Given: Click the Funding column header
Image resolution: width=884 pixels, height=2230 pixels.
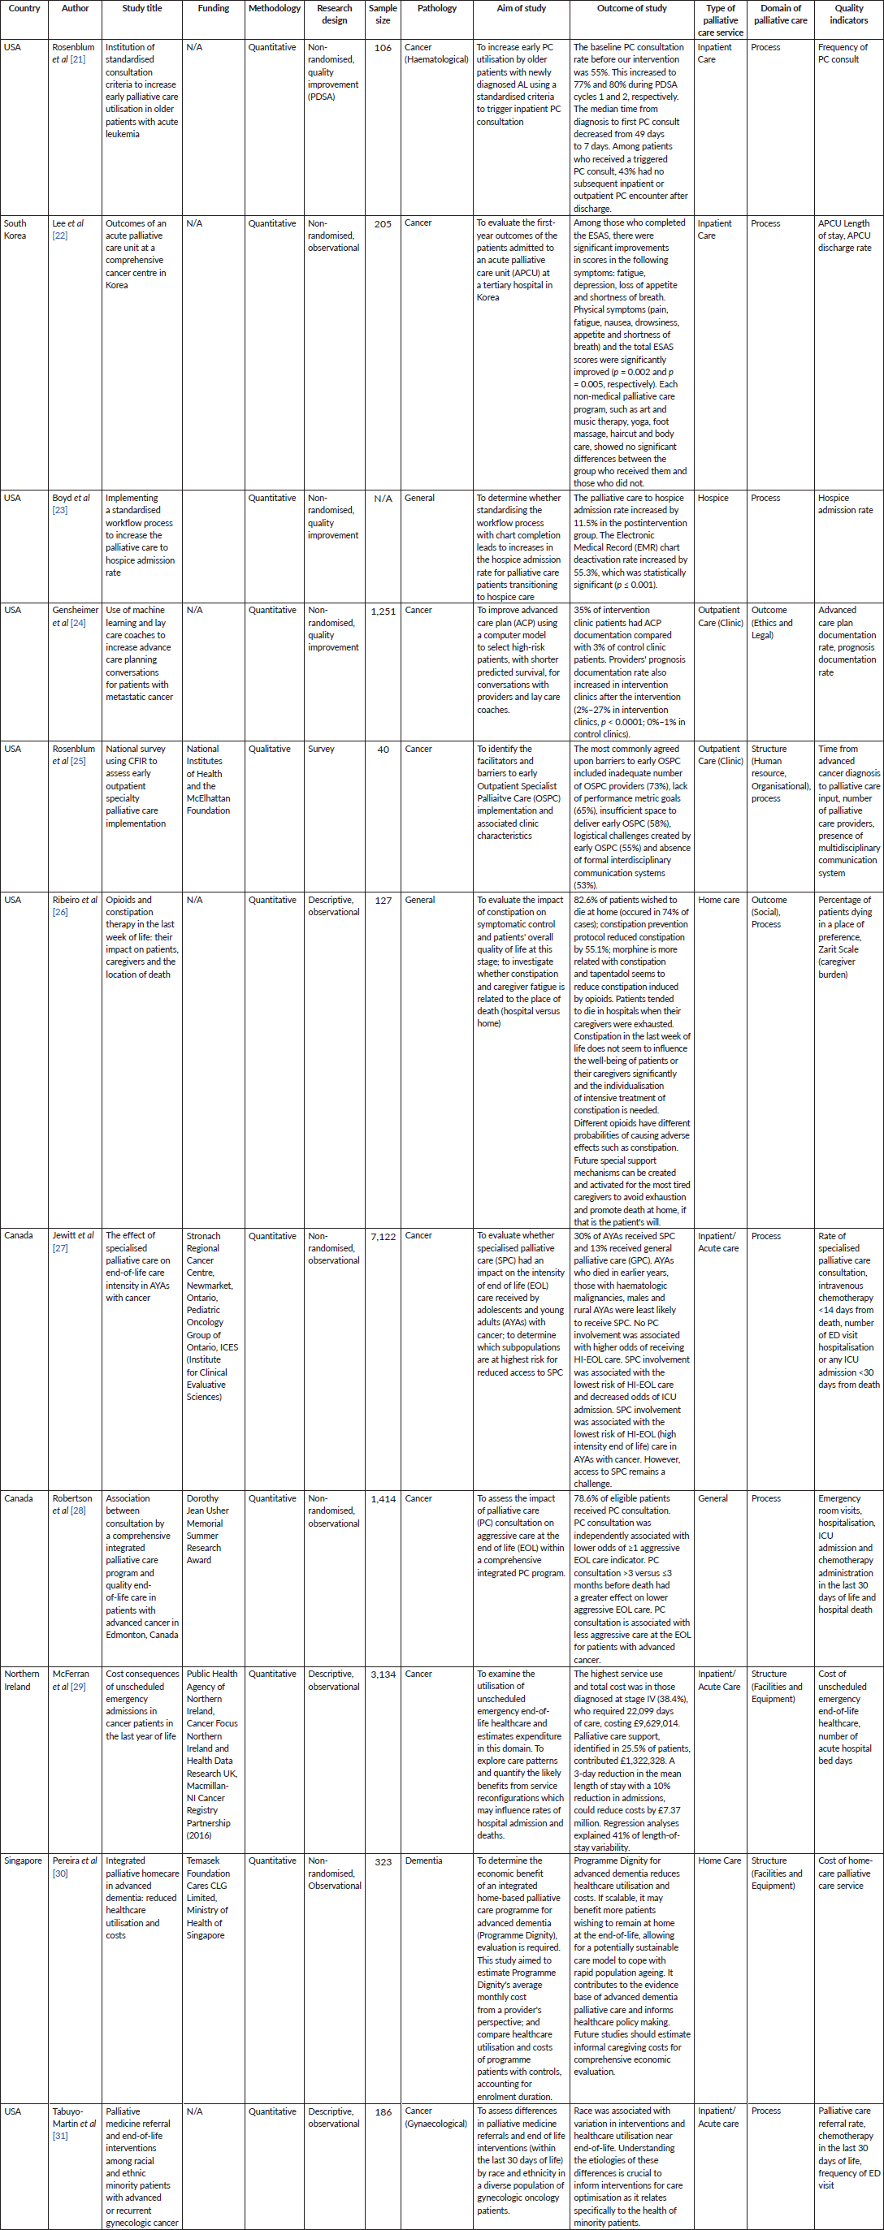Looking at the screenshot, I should pos(213,9).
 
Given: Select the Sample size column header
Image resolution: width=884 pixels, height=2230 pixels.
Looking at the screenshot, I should pos(383,14).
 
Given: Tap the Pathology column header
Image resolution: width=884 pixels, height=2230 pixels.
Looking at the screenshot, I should pos(436,9).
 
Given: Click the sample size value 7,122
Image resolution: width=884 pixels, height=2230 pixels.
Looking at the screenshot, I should pos(383,1236).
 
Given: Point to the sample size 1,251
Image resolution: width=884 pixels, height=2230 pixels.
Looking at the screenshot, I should pos(383,612).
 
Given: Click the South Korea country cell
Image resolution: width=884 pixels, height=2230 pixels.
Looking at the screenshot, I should pos(15,229).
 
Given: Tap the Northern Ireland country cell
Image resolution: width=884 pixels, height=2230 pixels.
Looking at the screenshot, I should pos(22,1680).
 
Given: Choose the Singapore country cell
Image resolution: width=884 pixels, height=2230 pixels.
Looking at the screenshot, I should pos(24,1860).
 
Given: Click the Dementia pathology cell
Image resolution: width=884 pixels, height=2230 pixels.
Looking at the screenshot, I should pos(423,1860).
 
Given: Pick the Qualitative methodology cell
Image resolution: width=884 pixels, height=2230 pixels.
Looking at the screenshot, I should pos(269,749).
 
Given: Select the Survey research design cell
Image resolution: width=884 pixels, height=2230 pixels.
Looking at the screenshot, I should pos(321,749).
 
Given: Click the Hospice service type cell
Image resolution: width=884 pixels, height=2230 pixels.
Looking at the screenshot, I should pos(713,498).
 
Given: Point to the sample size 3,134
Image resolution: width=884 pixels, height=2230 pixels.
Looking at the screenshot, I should pos(383,1675).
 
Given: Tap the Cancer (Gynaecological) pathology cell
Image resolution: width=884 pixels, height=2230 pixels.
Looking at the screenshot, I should pos(435,2117).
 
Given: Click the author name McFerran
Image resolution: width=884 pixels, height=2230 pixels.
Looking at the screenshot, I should pos(71,1675).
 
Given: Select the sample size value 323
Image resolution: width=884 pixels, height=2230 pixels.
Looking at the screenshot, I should pos(383,1861).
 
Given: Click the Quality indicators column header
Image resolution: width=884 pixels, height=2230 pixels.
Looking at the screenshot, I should pos(848,14).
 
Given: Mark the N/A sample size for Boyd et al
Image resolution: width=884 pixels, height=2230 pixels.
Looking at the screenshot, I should pos(383,499).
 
